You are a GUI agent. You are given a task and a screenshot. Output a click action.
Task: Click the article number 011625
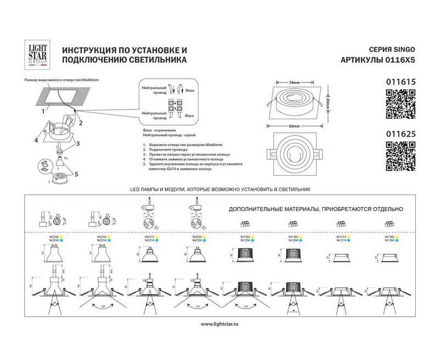tap(400, 132)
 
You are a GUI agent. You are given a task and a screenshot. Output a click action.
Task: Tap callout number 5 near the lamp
tap(76, 174)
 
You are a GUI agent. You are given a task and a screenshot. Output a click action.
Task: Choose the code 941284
tap(293, 241)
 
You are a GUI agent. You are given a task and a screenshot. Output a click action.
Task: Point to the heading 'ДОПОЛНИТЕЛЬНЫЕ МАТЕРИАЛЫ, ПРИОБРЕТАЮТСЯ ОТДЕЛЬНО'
tap(316, 209)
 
